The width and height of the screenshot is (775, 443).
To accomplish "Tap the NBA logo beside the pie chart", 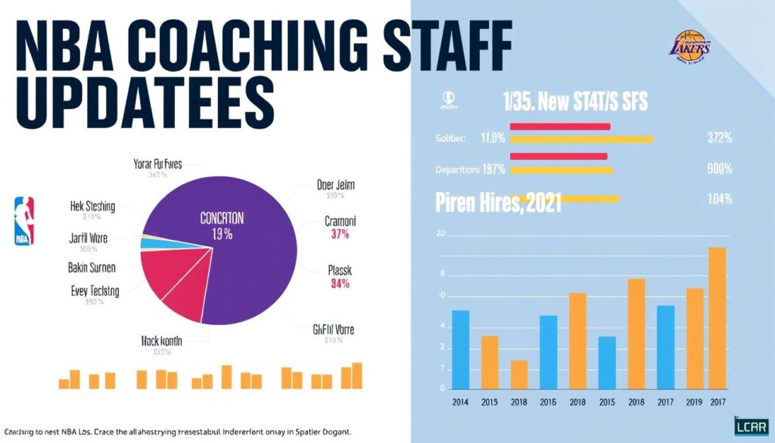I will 24,220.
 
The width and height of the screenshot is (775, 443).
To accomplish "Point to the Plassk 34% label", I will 339,276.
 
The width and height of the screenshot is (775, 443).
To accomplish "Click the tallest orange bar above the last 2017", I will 717,318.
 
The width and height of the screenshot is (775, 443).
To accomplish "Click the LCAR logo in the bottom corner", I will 752,426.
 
